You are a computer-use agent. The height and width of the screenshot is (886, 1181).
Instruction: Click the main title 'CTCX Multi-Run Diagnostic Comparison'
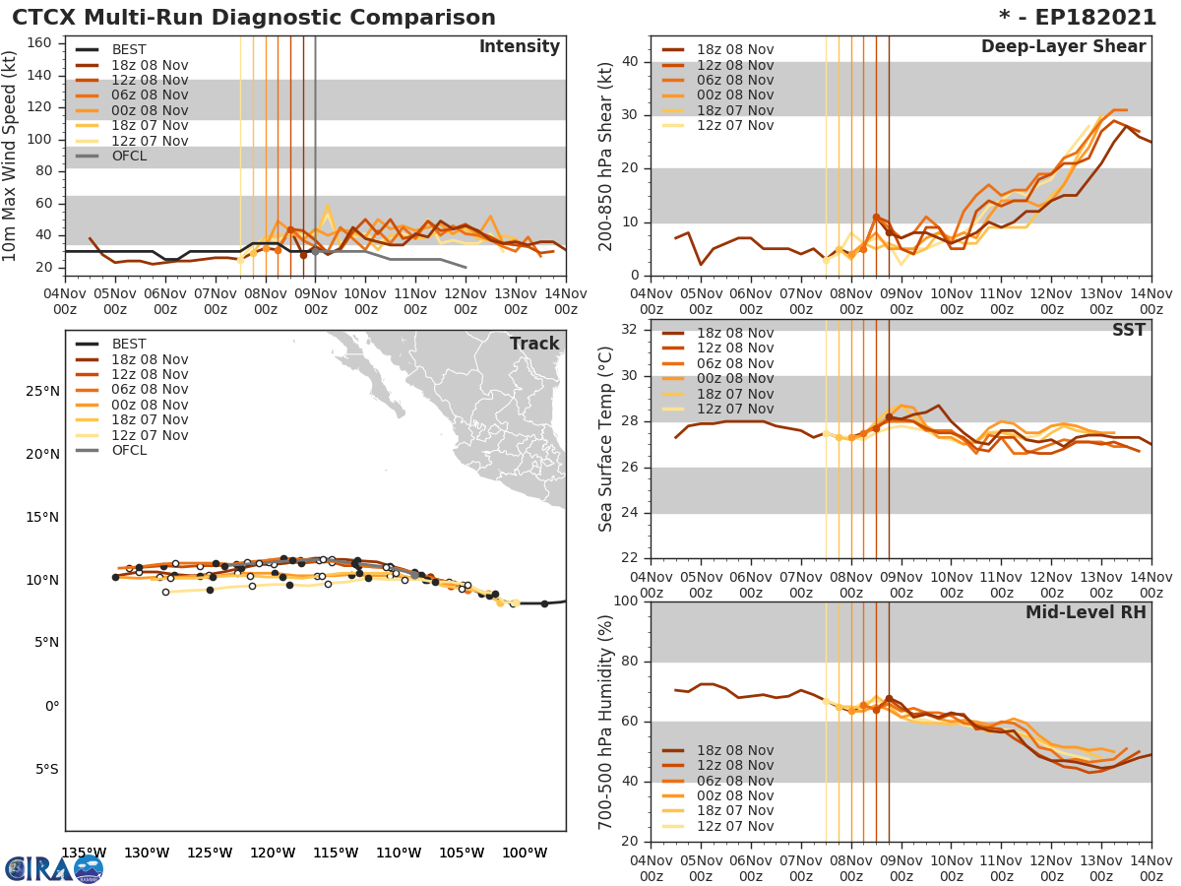click(254, 18)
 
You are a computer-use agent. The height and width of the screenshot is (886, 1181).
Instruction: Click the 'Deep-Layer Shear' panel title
click(1063, 47)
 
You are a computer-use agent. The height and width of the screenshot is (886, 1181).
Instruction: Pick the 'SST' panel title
click(1129, 331)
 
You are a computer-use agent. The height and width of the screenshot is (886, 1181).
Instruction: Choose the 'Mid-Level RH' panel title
click(1086, 612)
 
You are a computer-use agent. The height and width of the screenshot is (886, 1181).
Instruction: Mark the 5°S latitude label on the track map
click(44, 769)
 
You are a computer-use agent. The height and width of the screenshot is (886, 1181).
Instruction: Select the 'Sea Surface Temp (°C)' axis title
click(606, 439)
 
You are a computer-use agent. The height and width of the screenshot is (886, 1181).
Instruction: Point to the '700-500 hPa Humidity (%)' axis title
click(606, 722)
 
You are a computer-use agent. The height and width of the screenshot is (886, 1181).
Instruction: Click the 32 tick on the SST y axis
click(628, 329)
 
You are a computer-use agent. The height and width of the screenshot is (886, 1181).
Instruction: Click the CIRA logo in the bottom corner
click(54, 868)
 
